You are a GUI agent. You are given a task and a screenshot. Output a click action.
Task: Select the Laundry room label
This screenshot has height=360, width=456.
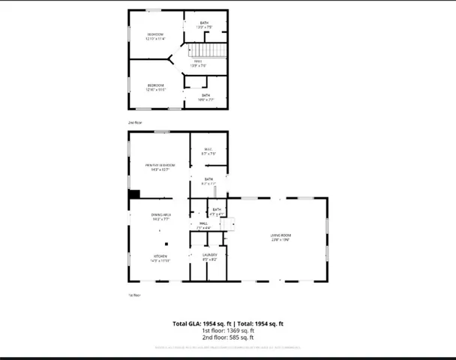pos(209,257)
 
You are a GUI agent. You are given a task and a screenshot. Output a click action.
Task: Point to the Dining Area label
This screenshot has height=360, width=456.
pos(162,217)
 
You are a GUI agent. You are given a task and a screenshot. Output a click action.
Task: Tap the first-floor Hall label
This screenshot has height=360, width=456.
pos(203,224)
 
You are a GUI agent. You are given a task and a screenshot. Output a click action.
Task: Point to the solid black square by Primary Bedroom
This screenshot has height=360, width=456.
pos(134,194)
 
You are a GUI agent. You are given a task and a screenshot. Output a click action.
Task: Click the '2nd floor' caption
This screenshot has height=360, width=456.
pos(134,121)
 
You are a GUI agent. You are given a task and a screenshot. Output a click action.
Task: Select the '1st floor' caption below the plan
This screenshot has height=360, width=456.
pos(134,295)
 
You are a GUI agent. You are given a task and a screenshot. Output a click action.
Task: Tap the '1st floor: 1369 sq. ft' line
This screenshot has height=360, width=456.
pos(228,330)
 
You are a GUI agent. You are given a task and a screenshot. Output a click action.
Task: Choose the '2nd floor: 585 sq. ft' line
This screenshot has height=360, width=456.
pos(228,337)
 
